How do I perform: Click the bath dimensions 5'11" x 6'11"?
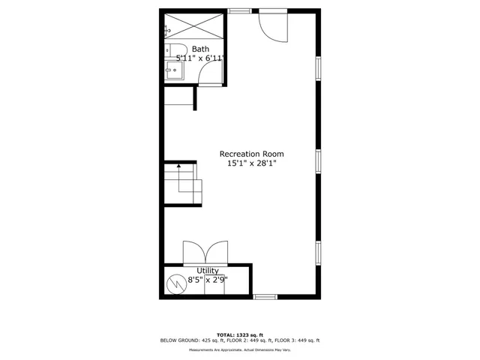tap(200, 58)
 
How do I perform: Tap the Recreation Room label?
tap(251, 154)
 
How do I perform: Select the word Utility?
tap(208, 271)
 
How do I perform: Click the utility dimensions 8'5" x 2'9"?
tap(208, 280)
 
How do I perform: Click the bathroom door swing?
tap(210, 73)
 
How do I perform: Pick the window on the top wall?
tap(239, 10)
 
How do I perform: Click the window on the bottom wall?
tap(265, 297)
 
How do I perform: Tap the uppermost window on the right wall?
tap(319, 68)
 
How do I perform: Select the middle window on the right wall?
tap(319, 160)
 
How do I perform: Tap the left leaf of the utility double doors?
tap(193, 253)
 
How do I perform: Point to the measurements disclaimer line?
tap(239, 350)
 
